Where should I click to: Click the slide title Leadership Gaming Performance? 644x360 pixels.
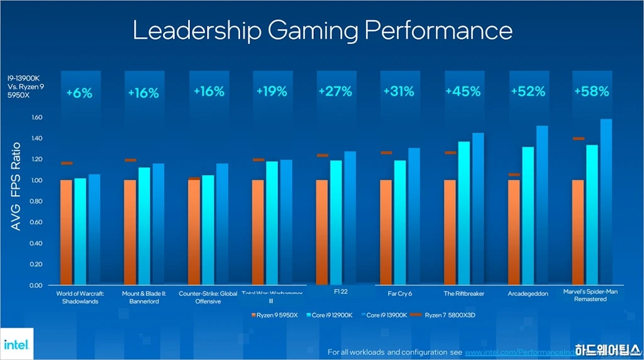[x=322, y=31]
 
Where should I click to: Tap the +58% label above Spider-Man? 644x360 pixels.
[x=591, y=91]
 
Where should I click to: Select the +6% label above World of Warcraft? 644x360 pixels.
[x=79, y=93]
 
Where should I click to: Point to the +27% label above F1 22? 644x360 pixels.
[x=335, y=91]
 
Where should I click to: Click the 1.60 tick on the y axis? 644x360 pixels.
[x=36, y=117]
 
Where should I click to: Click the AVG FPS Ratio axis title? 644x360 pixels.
[x=16, y=186]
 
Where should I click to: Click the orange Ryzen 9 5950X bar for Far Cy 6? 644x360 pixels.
[x=386, y=232]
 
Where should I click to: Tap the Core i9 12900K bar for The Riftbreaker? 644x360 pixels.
[x=464, y=213]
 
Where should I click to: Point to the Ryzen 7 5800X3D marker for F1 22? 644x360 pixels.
[x=323, y=155]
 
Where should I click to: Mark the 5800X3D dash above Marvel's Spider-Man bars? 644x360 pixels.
[x=579, y=138]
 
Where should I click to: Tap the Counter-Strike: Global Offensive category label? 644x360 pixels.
[x=208, y=297]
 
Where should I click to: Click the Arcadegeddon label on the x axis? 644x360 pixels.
[x=528, y=293]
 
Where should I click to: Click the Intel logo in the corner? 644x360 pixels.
[x=14, y=344]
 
